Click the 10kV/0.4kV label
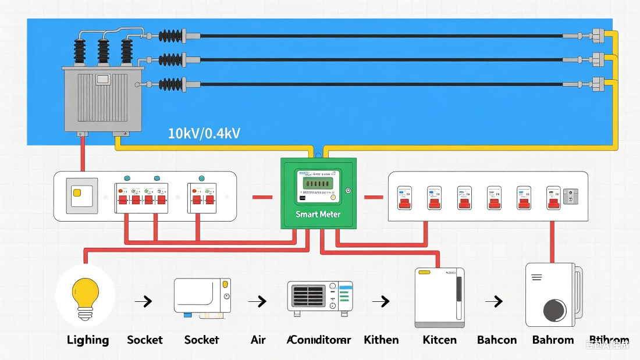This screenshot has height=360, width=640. coord(204,133)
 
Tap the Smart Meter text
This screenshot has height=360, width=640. coord(318,214)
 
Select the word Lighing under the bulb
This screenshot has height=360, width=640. coord(88,340)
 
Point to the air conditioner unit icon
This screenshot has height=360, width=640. coord(320,298)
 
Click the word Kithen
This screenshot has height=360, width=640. coord(381,340)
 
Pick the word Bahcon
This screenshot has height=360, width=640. coord(497,340)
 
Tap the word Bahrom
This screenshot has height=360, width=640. coord(553,340)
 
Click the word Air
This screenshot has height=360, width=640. coord(258,340)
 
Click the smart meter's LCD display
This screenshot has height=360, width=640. coord(318,183)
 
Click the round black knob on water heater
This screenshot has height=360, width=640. coord(554,310)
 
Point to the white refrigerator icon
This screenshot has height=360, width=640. coord(439,297)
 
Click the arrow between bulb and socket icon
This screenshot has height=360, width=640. coord(143,301)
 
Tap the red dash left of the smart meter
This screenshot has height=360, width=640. coord(262,197)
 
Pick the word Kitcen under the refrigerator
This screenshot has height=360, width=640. coord(439,340)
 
